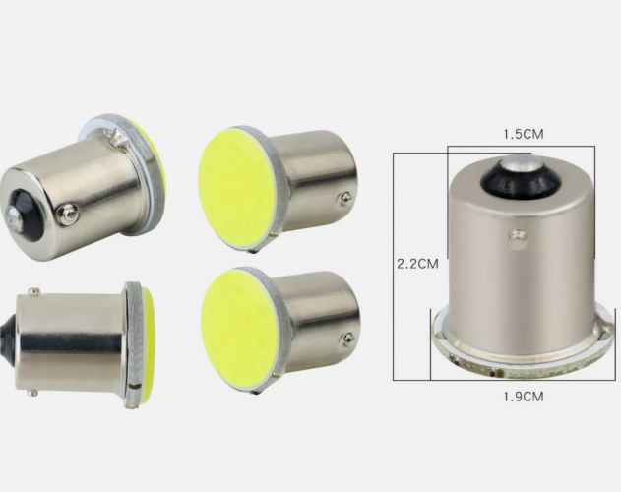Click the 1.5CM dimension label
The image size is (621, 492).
[x=524, y=134]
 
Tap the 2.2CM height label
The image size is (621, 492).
[x=418, y=264]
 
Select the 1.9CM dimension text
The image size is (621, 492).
[x=524, y=397]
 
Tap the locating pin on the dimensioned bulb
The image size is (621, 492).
[x=518, y=240]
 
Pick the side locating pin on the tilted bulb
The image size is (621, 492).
[x=68, y=214]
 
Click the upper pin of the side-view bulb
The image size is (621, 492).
[x=33, y=292]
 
